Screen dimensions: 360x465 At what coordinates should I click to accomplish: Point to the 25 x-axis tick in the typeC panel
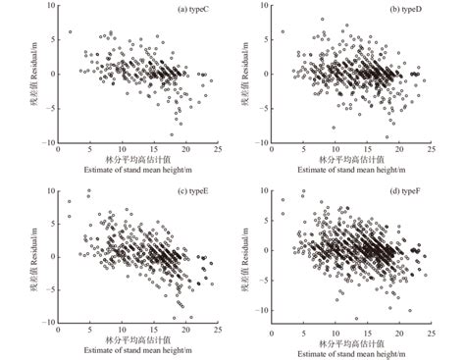215,150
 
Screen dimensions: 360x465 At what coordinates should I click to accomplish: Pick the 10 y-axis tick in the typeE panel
49,189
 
